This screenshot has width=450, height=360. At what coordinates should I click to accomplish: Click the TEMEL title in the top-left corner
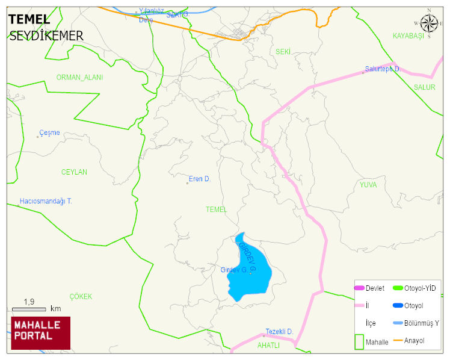(29, 20)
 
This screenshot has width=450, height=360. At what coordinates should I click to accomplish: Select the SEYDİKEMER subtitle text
(46, 36)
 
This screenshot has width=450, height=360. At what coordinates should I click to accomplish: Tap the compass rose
(429, 23)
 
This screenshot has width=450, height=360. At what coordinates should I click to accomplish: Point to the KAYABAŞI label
(408, 36)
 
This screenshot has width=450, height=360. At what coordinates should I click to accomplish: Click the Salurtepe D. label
(383, 69)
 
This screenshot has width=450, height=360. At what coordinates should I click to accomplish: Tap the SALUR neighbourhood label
(424, 87)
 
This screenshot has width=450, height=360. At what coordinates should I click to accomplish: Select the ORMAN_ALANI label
(79, 78)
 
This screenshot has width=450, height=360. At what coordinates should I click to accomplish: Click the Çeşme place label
(49, 133)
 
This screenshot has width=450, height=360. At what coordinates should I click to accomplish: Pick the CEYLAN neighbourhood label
(74, 172)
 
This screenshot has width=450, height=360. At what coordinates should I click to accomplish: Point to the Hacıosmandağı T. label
(46, 201)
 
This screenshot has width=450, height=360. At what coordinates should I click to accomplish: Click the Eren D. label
(200, 179)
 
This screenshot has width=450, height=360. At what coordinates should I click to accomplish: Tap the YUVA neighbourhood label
(368, 185)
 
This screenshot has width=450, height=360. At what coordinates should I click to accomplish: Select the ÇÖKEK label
(81, 297)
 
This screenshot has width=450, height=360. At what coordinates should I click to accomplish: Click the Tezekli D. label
(279, 332)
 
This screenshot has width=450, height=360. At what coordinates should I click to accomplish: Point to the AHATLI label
(268, 346)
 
